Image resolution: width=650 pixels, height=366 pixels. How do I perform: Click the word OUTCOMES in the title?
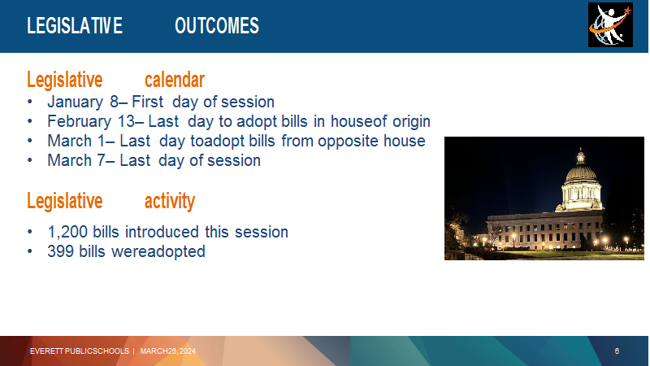click(217, 26)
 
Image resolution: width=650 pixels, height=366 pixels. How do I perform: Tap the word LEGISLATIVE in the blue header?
click(75, 26)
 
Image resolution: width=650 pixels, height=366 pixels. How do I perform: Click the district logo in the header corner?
click(610, 25)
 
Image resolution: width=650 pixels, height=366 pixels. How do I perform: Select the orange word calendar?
click(175, 80)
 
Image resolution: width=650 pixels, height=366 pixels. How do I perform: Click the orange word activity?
click(170, 201)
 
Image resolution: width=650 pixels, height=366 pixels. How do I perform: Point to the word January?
click(75, 102)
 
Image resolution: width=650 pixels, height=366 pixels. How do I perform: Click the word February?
click(79, 121)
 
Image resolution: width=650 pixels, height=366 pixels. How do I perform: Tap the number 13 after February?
click(126, 121)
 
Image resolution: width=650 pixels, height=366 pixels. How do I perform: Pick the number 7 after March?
click(101, 160)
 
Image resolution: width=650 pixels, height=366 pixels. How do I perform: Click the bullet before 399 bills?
click(30, 251)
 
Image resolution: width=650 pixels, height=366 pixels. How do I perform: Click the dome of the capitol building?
click(581, 170)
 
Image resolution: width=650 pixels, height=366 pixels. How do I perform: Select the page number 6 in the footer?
click(617, 351)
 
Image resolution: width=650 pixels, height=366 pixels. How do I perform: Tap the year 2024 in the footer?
click(188, 351)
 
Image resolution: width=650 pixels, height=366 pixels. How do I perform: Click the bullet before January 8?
click(30, 102)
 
